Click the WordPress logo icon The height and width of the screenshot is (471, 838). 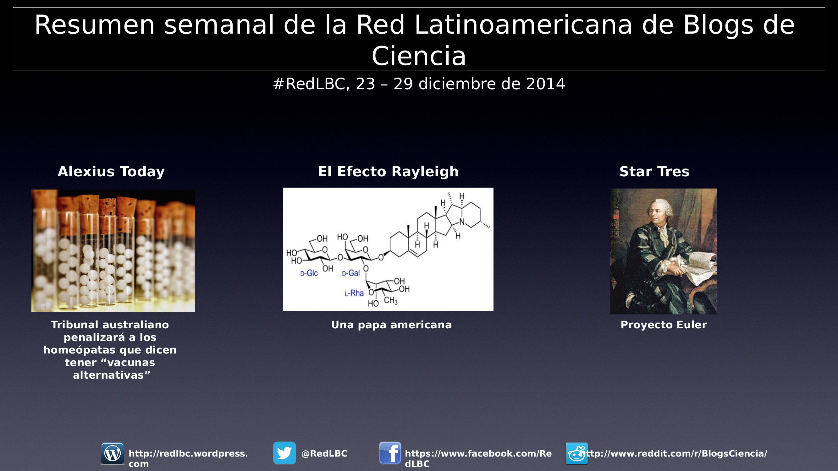[x=113, y=453]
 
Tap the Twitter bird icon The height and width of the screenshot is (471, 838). [x=284, y=453]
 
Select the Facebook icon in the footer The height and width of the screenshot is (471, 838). [x=390, y=453]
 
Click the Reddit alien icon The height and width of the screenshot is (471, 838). [x=577, y=453]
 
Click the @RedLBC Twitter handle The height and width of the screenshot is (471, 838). [x=324, y=453]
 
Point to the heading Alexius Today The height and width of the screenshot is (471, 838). [x=111, y=172]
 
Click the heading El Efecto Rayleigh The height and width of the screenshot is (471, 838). [x=389, y=172]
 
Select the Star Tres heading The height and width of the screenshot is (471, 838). [x=654, y=172]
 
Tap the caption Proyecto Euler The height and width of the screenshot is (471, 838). [x=664, y=325]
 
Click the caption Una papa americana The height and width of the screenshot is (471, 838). [x=391, y=325]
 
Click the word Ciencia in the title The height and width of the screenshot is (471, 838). [x=419, y=56]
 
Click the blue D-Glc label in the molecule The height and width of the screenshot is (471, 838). [x=309, y=273]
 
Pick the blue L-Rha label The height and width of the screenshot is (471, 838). [x=354, y=293]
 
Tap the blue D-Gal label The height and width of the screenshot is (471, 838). [x=351, y=273]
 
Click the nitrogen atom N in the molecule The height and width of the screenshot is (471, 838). [x=462, y=222]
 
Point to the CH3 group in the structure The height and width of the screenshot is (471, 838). [x=391, y=301]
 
